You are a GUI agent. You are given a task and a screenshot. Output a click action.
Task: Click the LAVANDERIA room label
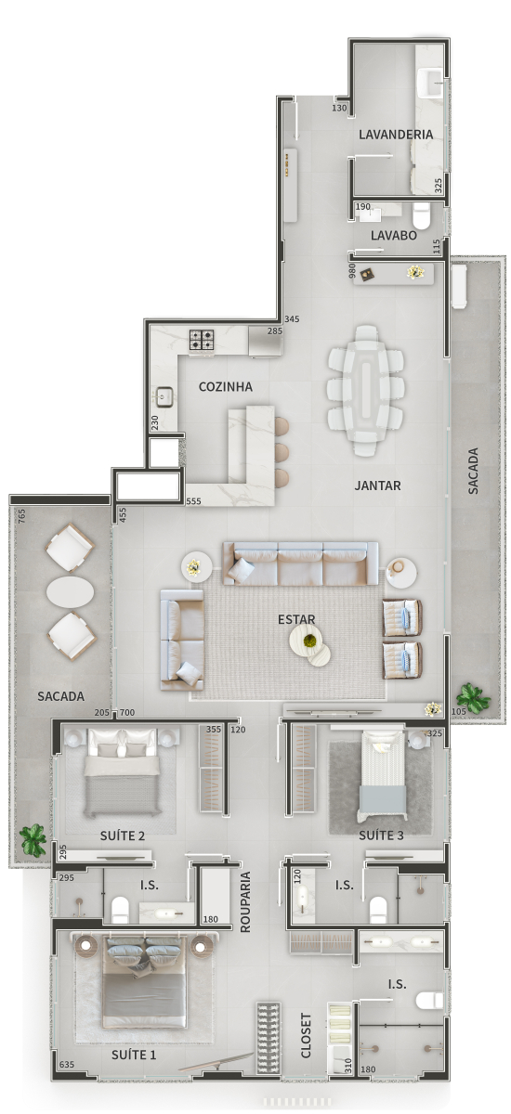396,135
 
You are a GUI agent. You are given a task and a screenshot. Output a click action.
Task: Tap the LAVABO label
394,235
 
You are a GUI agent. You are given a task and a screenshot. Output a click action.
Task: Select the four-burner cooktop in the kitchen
202,342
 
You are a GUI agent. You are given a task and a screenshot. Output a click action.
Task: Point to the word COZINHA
226,387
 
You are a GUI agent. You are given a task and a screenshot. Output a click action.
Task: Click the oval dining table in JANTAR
366,391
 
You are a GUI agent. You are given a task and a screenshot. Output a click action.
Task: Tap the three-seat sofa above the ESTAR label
300,563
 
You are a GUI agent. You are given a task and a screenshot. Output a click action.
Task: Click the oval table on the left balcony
71,592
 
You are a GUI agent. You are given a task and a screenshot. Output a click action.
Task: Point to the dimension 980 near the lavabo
352,271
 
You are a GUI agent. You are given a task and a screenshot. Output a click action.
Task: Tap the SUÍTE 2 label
123,835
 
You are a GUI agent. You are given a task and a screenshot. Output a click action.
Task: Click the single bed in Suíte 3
382,776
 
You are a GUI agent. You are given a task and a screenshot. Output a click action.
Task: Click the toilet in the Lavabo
421,214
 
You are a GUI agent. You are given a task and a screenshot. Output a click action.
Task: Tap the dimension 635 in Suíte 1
67,1065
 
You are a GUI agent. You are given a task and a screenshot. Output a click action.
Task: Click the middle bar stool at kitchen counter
282,452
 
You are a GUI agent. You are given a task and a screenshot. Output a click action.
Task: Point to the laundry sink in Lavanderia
429,84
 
